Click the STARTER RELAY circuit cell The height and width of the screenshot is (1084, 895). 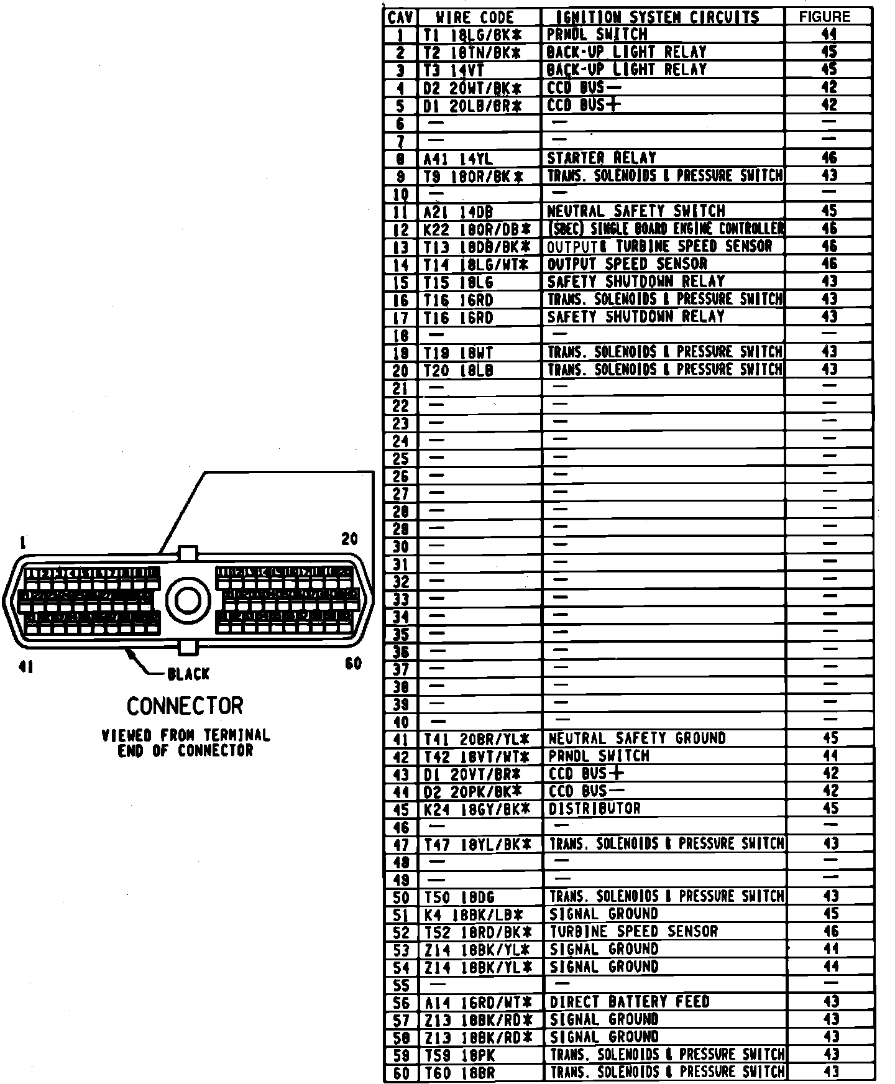601,158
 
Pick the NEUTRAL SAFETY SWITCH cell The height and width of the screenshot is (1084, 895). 635,211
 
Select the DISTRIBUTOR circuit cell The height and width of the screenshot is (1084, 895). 594,809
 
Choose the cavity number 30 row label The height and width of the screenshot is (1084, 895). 401,547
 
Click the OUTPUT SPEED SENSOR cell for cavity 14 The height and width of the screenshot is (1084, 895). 626,264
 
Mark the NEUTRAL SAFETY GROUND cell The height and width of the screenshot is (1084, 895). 637,738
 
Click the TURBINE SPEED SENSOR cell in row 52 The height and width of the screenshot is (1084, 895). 633,932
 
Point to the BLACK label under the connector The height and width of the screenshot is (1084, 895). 188,674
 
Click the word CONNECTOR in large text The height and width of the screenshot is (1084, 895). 185,707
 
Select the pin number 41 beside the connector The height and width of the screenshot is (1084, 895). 26,667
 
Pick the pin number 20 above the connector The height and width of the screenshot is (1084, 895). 350,539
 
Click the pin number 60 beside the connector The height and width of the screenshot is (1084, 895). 353,664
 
